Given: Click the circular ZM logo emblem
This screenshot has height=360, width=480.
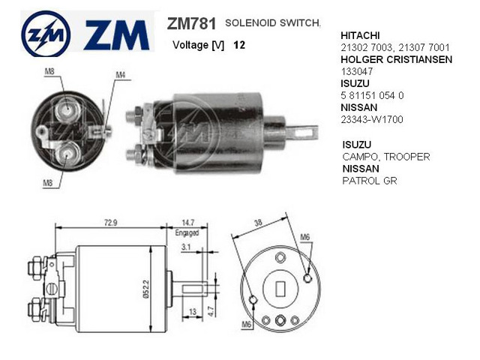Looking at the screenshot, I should point(46,34).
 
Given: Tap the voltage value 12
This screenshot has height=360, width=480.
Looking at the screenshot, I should point(239,45).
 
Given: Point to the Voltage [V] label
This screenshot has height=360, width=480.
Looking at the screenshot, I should point(198,45).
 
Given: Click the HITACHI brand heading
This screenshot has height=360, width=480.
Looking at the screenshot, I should point(361,35).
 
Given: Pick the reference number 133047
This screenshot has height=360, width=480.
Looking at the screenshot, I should point(357,71).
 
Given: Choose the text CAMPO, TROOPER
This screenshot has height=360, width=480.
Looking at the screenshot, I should point(385,157).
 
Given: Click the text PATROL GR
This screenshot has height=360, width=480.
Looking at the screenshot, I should point(369,181).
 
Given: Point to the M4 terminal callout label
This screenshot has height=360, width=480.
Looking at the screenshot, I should point(121,74).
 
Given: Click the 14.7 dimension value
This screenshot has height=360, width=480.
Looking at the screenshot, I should point(187,223).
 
